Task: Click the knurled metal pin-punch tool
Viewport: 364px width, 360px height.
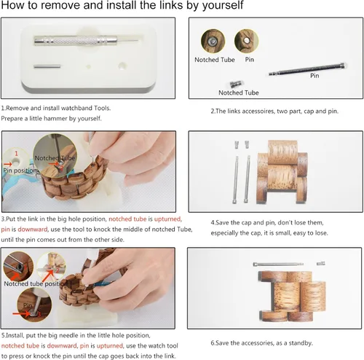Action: pyautogui.click(x=85, y=41)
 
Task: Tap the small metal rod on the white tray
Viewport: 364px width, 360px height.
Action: pyautogui.click(x=47, y=66)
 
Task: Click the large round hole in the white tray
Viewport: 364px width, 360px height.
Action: pyautogui.click(x=122, y=66)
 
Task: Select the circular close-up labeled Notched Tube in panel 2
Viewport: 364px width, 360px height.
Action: pyautogui.click(x=213, y=41)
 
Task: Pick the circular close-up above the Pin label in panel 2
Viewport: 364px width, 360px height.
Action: pyautogui.click(x=246, y=41)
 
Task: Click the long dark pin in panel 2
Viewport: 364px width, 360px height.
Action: pyautogui.click(x=307, y=69)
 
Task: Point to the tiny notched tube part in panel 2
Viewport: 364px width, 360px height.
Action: pyautogui.click(x=235, y=85)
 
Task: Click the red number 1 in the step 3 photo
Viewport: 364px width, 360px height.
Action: pyautogui.click(x=16, y=154)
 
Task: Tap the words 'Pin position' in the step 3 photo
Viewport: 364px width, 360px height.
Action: pyautogui.click(x=20, y=171)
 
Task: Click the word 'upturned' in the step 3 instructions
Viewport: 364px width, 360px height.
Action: pyautogui.click(x=167, y=219)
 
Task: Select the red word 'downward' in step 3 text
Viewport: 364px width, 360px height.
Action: pyautogui.click(x=33, y=230)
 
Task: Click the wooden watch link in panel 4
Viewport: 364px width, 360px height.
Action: pyautogui.click(x=282, y=172)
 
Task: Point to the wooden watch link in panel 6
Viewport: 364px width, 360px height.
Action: pyautogui.click(x=292, y=297)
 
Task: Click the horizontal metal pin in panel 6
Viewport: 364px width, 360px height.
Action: pyautogui.click(x=278, y=264)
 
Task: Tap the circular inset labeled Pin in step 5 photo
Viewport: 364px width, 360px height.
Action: pyautogui.click(x=34, y=305)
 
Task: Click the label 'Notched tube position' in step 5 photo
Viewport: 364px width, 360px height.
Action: pyautogui.click(x=36, y=283)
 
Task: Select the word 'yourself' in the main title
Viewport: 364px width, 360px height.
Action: pyautogui.click(x=223, y=6)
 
